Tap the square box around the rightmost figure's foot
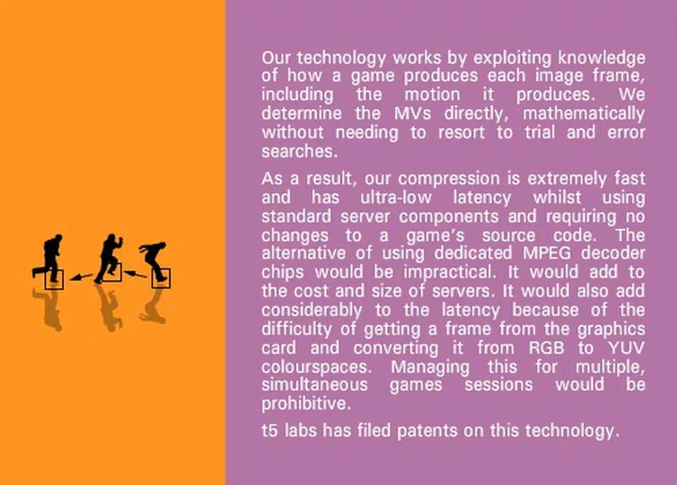pos(162,278)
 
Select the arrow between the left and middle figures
pos(80,277)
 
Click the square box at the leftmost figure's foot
pos(55,278)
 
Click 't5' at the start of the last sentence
pos(271,431)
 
